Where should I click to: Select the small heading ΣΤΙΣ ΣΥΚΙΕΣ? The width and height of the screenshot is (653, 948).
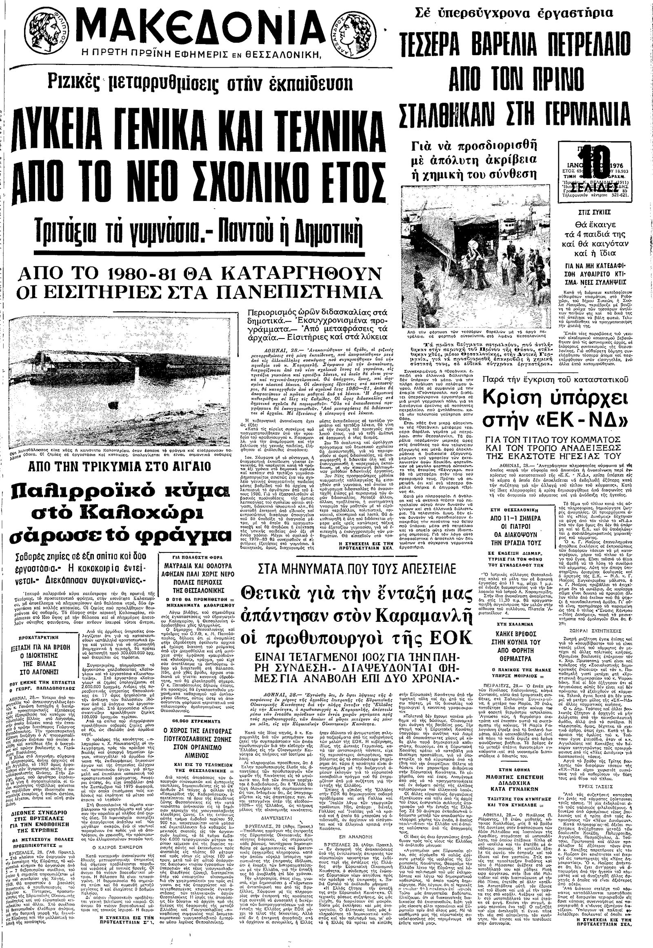pyautogui.click(x=594, y=213)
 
